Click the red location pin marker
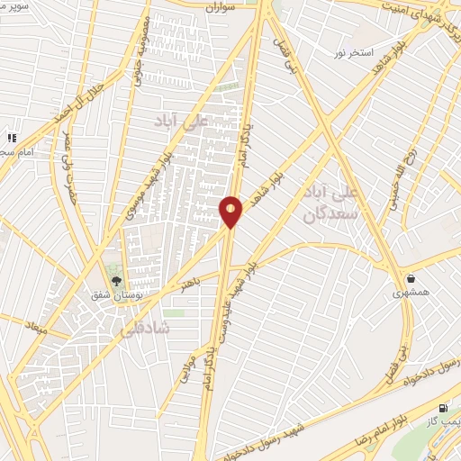[x=230, y=212]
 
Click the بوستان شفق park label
[x=114, y=294]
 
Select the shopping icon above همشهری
[x=411, y=278]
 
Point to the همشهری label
[x=411, y=294]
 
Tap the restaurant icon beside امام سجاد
[x=12, y=138]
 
